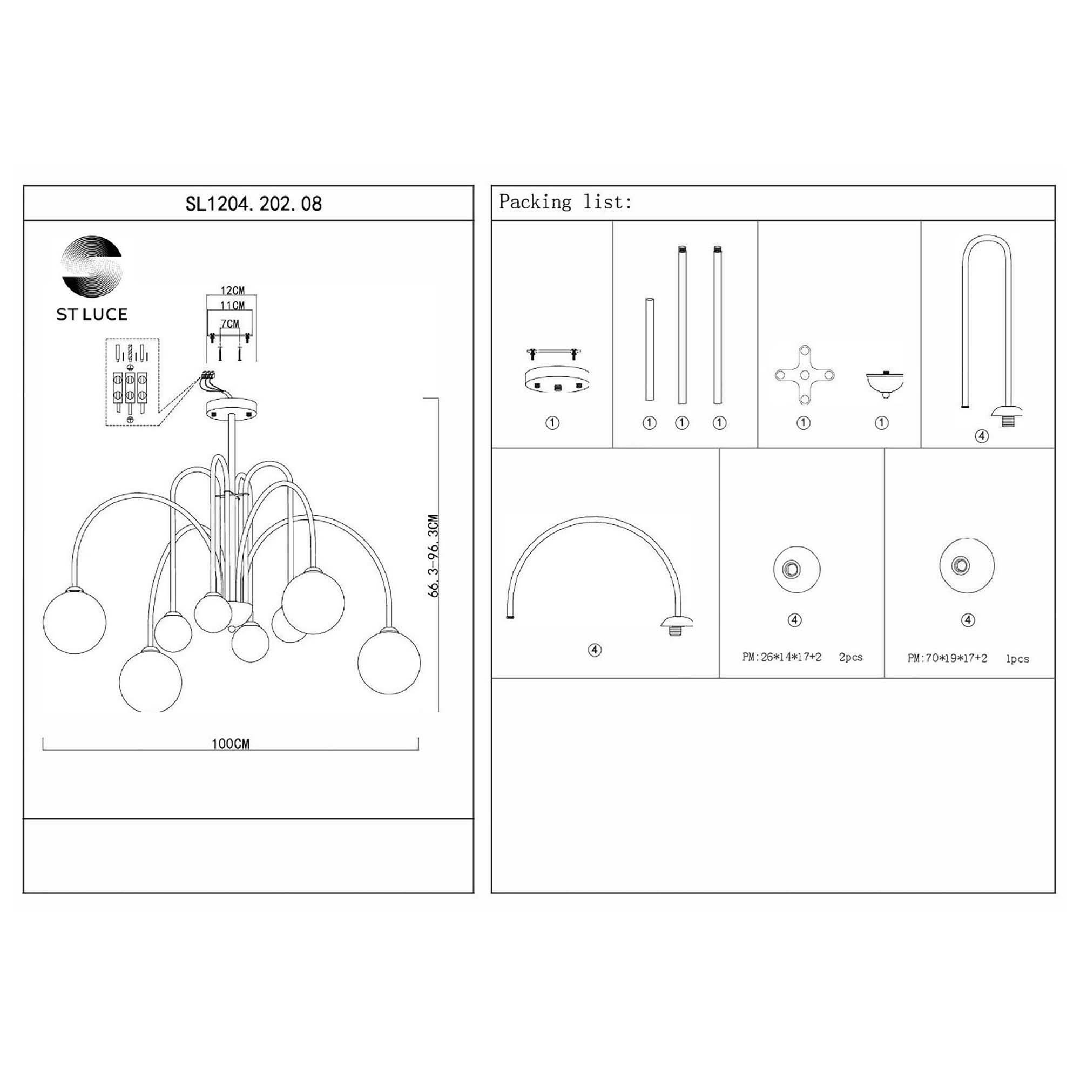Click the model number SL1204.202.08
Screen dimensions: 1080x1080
pos(253,204)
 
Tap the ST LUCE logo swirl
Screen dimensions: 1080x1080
pos(91,266)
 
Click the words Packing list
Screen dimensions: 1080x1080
pos(565,202)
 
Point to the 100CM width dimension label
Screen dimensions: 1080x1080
pos(231,744)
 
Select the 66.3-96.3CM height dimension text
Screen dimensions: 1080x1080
pos(434,556)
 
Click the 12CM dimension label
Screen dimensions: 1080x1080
pos(232,290)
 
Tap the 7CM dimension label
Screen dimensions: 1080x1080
pos(230,323)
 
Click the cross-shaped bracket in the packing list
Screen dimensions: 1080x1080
pos(805,375)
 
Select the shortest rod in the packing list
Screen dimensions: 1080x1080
pos(650,349)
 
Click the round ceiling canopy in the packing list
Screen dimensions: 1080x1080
pos(556,379)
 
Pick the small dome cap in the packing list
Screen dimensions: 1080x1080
pos(885,382)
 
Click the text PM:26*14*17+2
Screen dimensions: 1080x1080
pos(781,657)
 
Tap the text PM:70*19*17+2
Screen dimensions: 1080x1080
pos(947,658)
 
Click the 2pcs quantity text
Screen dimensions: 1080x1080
pos(850,657)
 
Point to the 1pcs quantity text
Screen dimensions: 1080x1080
pos(1017,659)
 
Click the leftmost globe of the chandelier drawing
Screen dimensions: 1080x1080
pos(75,622)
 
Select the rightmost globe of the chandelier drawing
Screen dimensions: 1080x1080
pos(389,662)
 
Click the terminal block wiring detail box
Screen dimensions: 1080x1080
pos(132,382)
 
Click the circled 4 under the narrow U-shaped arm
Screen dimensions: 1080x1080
pos(982,436)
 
